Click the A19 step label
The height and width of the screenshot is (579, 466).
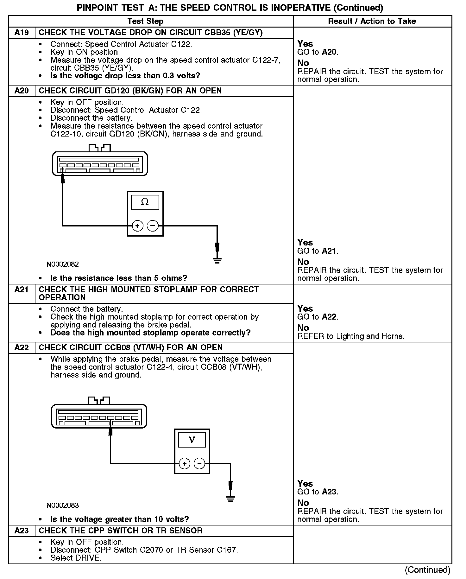pos(22,33)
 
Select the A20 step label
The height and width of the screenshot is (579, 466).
pos(22,91)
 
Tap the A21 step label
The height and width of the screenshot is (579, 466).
pos(22,290)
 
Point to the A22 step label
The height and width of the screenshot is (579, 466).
pos(22,348)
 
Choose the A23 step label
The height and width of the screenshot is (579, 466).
pos(22,531)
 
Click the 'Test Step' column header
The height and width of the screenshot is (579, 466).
pos(145,21)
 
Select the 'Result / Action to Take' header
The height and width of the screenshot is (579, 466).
pos(372,21)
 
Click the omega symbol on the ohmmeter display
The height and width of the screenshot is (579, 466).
pos(145,202)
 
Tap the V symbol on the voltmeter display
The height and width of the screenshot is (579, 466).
pos(192,440)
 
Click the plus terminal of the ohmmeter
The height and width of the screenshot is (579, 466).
pos(137,226)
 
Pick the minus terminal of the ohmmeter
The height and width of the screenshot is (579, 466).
pos(153,226)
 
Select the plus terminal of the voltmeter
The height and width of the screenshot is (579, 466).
pos(184,464)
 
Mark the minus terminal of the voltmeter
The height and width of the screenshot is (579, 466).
pos(199,464)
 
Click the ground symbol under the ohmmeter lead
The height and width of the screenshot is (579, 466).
pos(217,261)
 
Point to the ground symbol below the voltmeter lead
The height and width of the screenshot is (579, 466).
pos(230,499)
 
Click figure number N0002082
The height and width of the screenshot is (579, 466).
pos(63,264)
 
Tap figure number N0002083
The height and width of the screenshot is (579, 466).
pos(63,505)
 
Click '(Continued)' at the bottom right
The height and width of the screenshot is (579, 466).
pos(427,570)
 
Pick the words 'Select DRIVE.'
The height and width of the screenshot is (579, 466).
pos(76,558)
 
